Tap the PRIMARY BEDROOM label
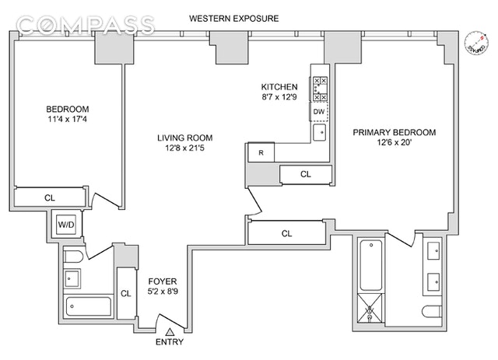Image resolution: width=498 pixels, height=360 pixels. click(x=395, y=138)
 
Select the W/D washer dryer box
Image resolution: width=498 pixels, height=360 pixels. click(x=63, y=226)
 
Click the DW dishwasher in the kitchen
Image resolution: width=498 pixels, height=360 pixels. click(x=319, y=112)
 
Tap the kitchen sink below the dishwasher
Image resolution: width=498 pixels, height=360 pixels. click(x=320, y=132)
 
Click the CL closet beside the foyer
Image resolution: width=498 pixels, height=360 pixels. click(x=125, y=293)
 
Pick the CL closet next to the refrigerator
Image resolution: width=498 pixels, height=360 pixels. click(x=305, y=174)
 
